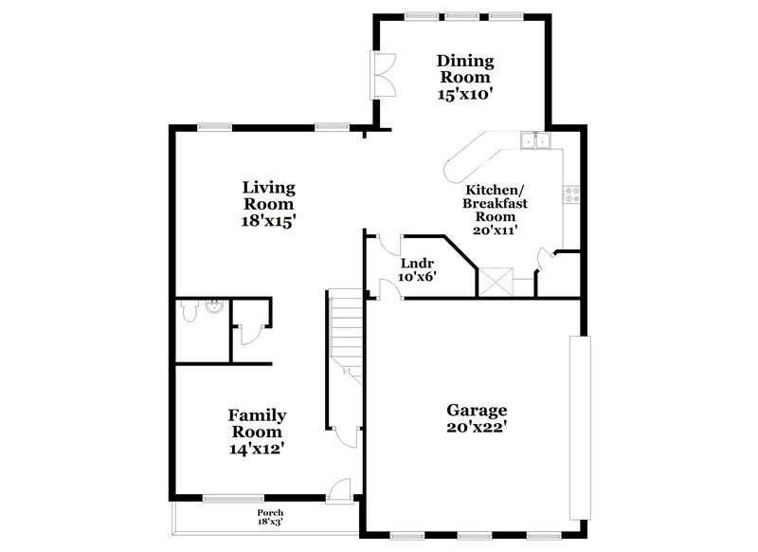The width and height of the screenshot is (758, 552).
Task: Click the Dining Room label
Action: click(464, 68)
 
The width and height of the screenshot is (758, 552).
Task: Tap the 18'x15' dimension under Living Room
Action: click(268, 220)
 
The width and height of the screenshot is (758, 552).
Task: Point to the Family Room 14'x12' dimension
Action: click(257, 449)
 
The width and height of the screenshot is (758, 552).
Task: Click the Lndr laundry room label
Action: click(417, 264)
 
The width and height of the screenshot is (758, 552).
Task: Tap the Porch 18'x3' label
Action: click(270, 517)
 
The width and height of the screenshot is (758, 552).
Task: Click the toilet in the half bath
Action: click(188, 308)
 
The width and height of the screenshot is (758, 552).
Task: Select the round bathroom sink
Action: click(214, 306)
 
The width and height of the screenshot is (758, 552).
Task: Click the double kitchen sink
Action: click(535, 141)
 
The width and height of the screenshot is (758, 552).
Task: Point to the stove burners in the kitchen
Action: click(571, 195)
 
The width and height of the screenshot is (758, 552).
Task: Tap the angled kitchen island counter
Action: click(469, 157)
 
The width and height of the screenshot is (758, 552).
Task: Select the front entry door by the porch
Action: click(340, 490)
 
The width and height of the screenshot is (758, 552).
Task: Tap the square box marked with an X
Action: click(494, 282)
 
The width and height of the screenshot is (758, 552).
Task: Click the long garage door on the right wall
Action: click(579, 427)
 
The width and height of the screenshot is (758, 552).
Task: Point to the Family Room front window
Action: click(233, 498)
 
